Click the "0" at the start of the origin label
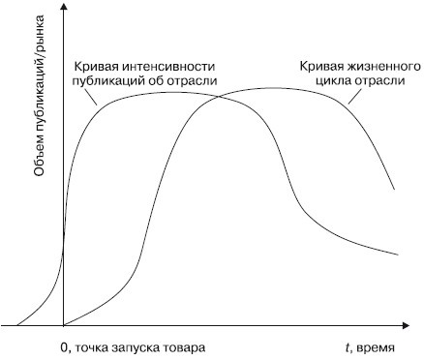point(61,345)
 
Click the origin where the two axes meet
point(64,325)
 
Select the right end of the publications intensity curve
point(397,255)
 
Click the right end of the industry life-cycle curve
point(392,188)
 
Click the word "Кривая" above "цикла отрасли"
point(317,66)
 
